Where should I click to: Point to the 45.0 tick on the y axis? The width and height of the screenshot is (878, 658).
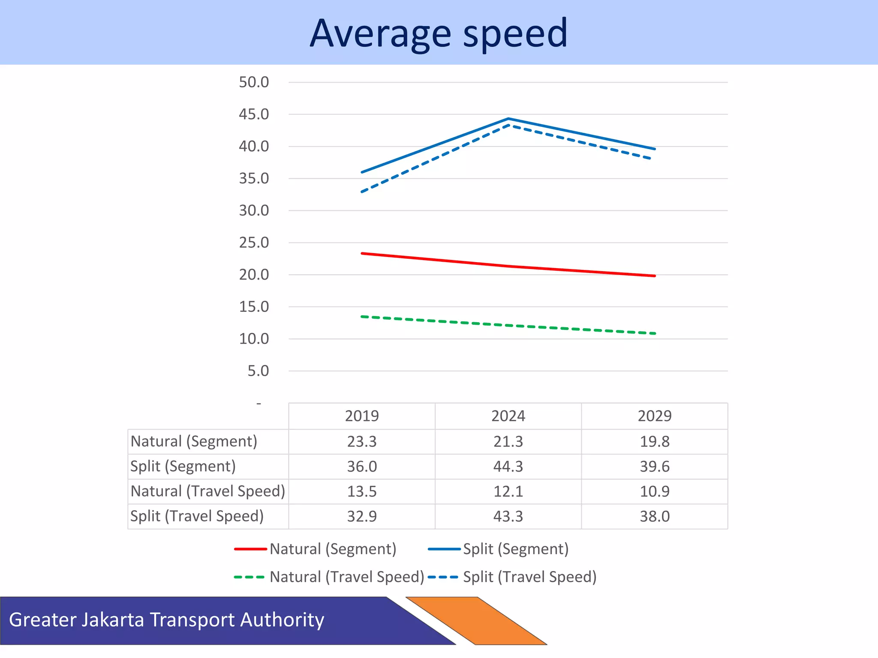point(254,114)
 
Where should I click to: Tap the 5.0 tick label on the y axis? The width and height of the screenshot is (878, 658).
point(258,371)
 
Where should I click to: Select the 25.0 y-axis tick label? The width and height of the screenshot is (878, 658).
point(254,243)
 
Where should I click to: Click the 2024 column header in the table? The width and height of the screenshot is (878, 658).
point(508,416)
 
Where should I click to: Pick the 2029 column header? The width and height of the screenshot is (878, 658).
point(654,416)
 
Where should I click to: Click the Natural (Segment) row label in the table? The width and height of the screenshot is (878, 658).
point(194,441)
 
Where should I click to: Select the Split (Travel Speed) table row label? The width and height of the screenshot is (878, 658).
point(197,516)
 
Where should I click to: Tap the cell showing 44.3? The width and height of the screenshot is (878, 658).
point(508,466)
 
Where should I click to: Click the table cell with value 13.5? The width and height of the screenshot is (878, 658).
point(362,491)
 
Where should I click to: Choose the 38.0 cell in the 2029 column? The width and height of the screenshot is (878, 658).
point(654,516)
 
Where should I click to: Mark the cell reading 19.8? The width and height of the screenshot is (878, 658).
point(654,441)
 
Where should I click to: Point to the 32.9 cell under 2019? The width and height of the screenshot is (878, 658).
point(362,516)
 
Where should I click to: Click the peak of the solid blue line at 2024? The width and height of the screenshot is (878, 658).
point(508,119)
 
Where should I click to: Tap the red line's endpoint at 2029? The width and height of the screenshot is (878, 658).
point(655,276)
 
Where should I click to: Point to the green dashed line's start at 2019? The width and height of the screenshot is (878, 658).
point(362,317)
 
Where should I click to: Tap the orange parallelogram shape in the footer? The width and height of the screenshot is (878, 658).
point(476,620)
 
